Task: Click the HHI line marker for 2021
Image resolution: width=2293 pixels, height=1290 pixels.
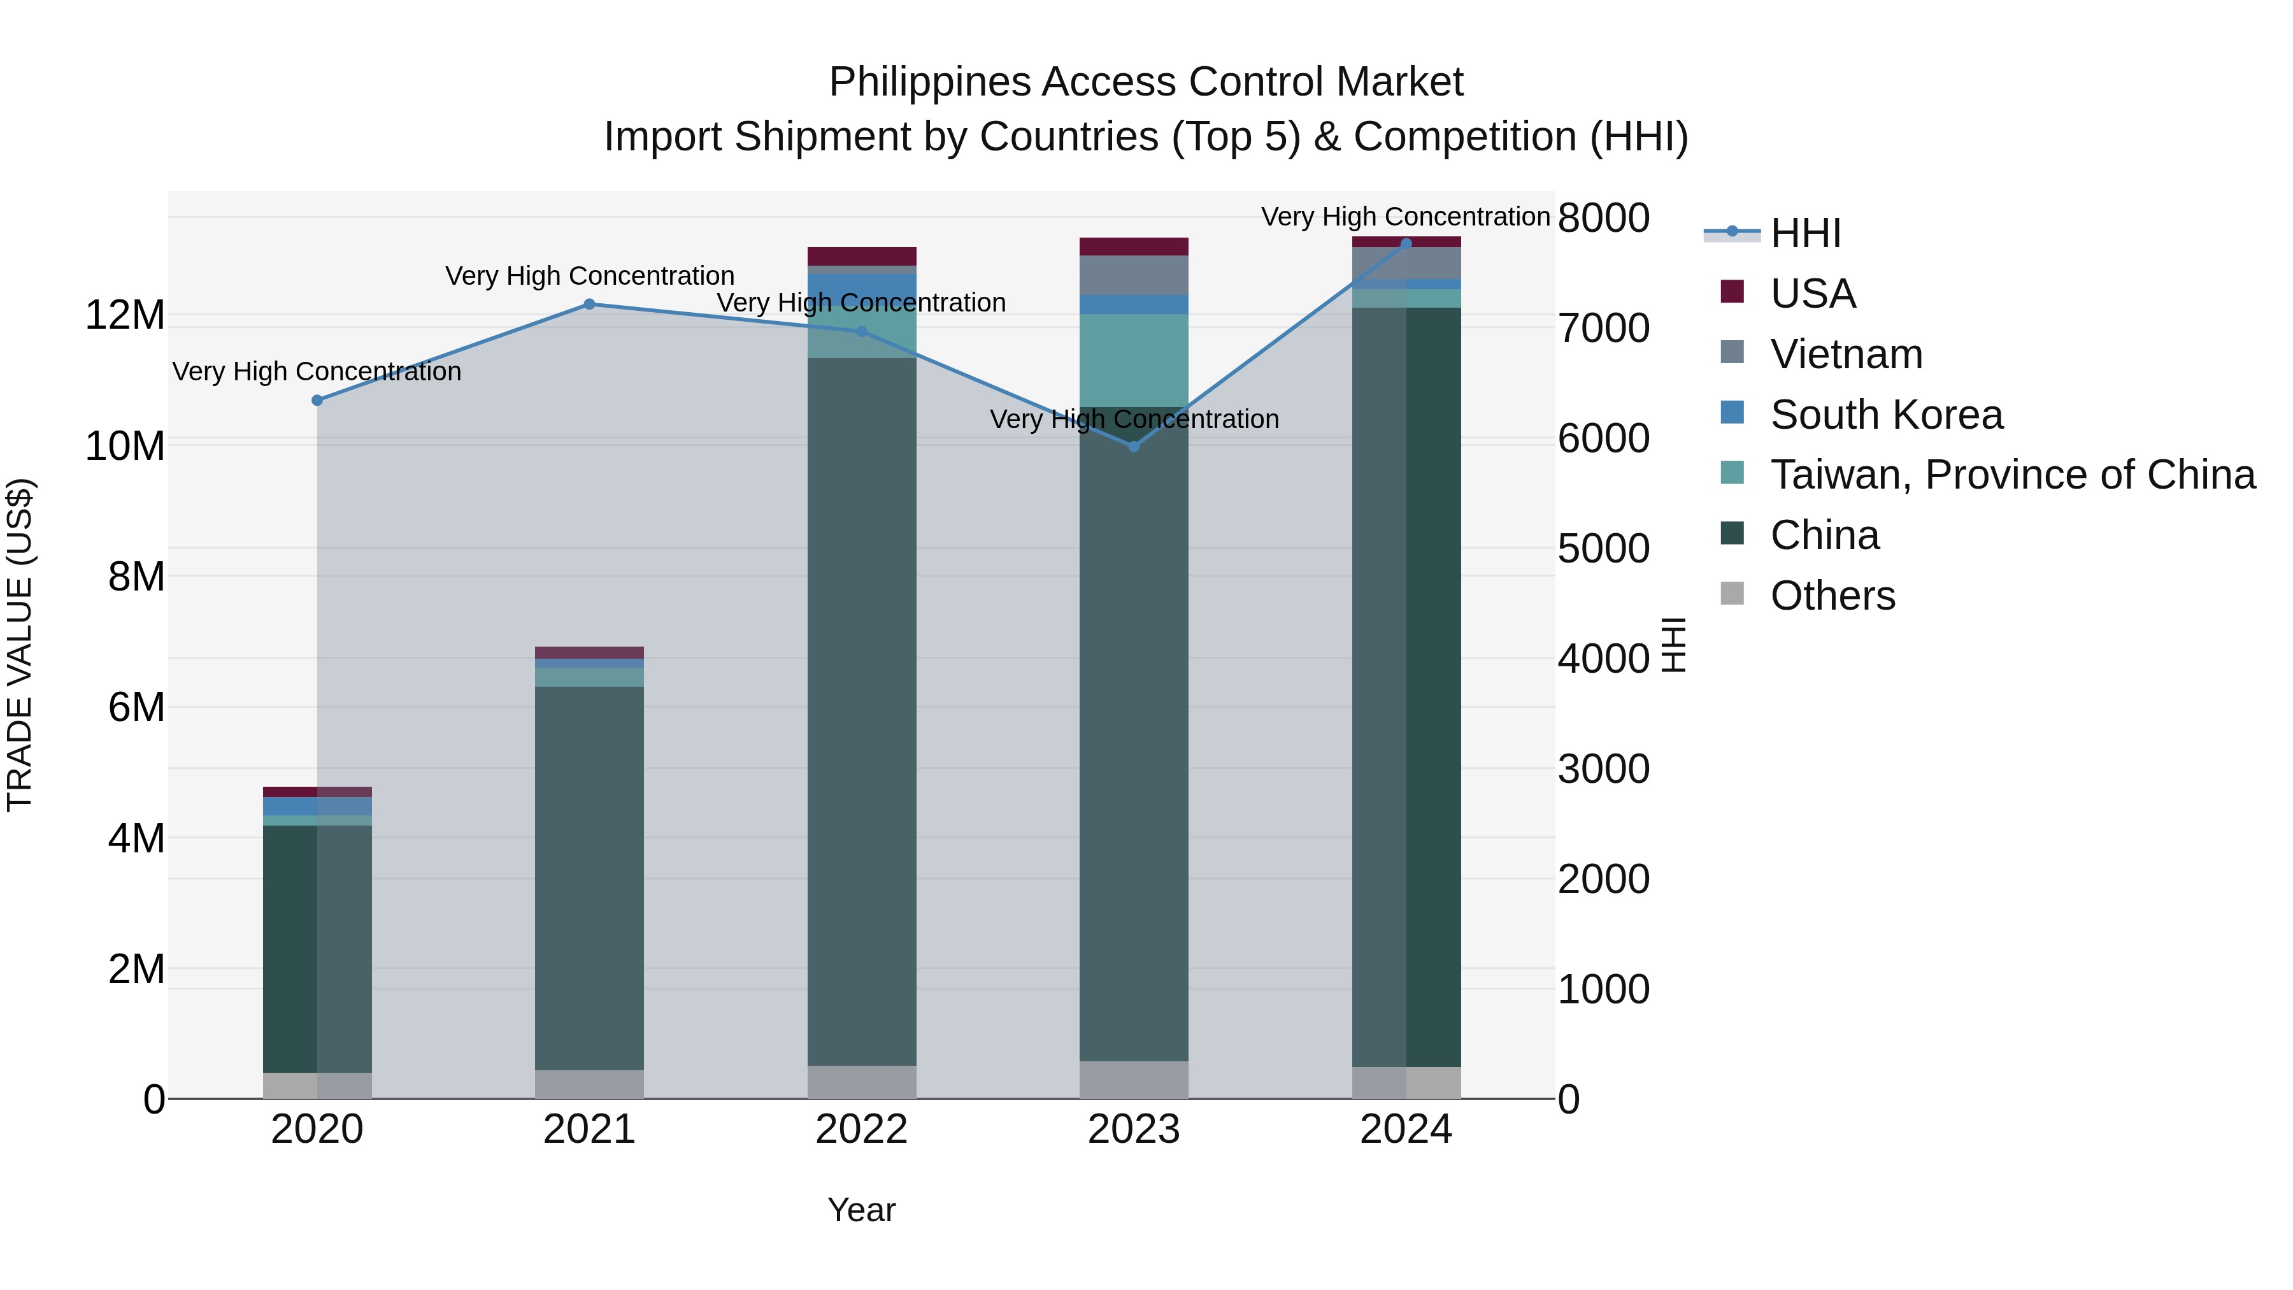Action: click(x=589, y=305)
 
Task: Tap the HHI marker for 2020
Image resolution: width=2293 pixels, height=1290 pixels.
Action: click(x=317, y=401)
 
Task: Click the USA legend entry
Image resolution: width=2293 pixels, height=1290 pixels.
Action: click(x=1812, y=294)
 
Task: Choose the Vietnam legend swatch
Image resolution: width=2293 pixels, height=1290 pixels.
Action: click(x=1732, y=352)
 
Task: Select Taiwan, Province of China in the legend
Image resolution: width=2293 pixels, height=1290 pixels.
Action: click(x=2011, y=475)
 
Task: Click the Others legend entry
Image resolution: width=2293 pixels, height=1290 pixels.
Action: click(x=1832, y=596)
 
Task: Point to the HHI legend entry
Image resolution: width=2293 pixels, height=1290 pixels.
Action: click(x=1805, y=233)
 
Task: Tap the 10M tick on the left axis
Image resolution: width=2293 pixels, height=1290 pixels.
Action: click(x=125, y=445)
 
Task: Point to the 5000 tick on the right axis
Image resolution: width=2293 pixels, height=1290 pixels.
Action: click(x=1603, y=548)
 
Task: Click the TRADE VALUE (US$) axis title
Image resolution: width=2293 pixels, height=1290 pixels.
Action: click(x=20, y=645)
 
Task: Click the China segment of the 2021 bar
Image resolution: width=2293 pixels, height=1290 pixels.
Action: click(x=589, y=877)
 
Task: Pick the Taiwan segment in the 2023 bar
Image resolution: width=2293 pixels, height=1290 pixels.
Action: click(x=1133, y=360)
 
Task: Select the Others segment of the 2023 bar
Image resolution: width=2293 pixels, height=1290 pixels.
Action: click(x=1133, y=1079)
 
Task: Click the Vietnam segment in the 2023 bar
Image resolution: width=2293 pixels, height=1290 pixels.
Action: click(x=1133, y=275)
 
